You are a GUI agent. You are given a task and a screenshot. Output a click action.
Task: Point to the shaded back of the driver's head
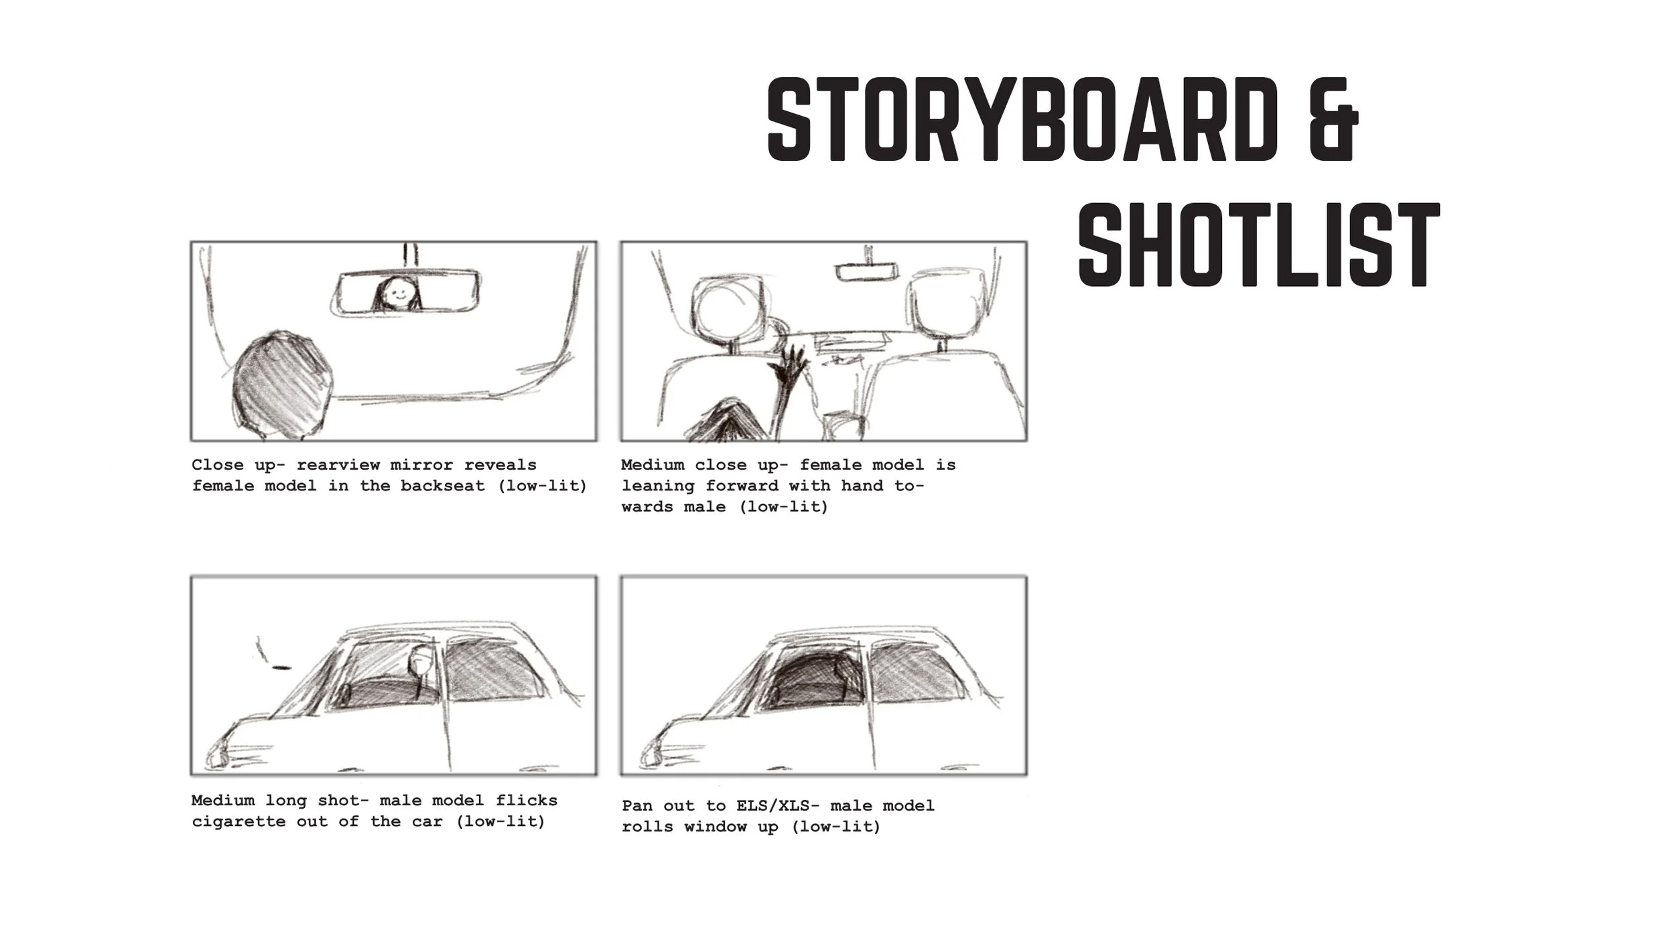281,385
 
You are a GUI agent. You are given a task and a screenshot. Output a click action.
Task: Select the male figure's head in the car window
419,663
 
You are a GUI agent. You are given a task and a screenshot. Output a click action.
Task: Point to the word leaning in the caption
658,485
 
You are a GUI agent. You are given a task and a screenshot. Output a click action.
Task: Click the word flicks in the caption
527,800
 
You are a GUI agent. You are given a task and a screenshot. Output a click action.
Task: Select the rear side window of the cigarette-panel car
492,670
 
